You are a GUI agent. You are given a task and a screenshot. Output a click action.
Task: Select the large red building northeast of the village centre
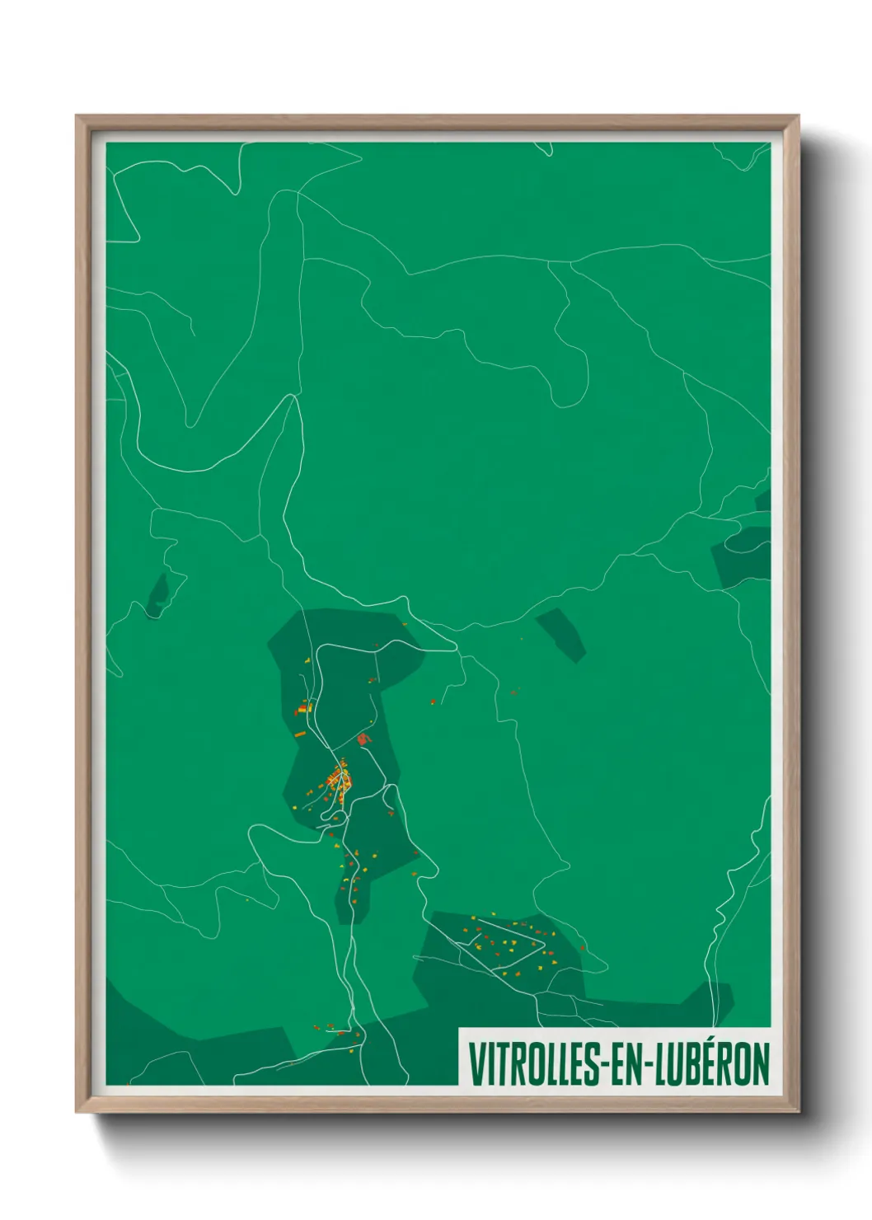click(x=362, y=739)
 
